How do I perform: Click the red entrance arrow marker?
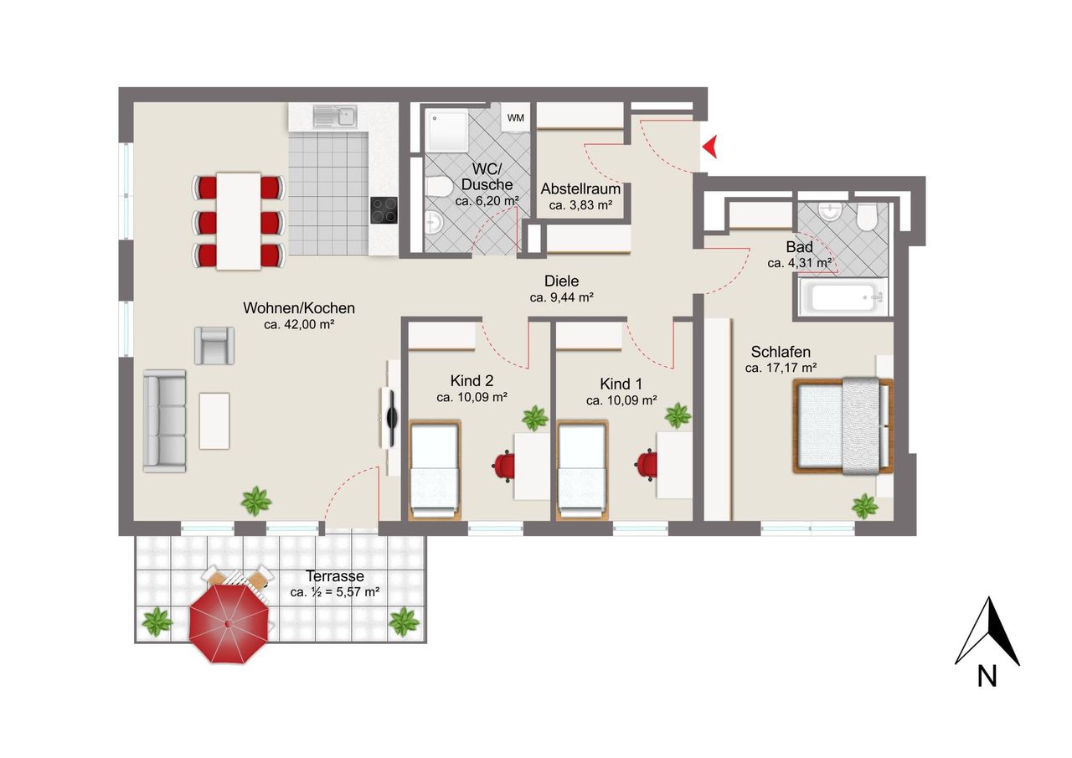[710, 147]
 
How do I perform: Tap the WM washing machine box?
[515, 117]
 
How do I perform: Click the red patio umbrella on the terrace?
[229, 623]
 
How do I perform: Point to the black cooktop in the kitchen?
[384, 210]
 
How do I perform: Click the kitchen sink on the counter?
[335, 117]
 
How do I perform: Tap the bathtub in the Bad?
[843, 296]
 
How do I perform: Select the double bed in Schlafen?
[843, 425]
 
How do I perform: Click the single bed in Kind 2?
[435, 470]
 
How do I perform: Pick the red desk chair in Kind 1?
[647, 464]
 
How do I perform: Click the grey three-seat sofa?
[165, 421]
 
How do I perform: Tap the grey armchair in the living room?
[214, 346]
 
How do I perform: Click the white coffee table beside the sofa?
[214, 421]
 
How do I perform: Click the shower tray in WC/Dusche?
[448, 130]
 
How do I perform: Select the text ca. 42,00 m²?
[299, 324]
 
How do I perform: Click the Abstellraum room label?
[580, 189]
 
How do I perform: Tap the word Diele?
[561, 281]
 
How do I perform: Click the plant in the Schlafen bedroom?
[865, 506]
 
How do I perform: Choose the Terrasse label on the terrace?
[335, 576]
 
